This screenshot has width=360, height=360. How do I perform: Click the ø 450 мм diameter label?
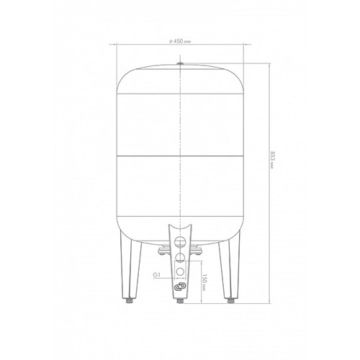[x=180, y=41]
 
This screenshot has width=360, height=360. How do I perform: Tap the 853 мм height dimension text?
[x=272, y=160]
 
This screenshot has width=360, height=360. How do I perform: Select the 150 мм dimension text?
[x=204, y=282]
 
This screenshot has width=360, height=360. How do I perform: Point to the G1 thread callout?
[x=156, y=275]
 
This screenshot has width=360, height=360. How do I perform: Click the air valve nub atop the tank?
[x=180, y=63]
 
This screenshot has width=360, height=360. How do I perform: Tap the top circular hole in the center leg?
[x=180, y=242]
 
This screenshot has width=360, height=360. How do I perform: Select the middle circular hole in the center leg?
[x=180, y=258]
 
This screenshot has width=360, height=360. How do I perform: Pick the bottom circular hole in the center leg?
[x=180, y=271]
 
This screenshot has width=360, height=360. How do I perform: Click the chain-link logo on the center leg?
[x=180, y=287]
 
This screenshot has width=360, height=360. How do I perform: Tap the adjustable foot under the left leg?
[x=130, y=300]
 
